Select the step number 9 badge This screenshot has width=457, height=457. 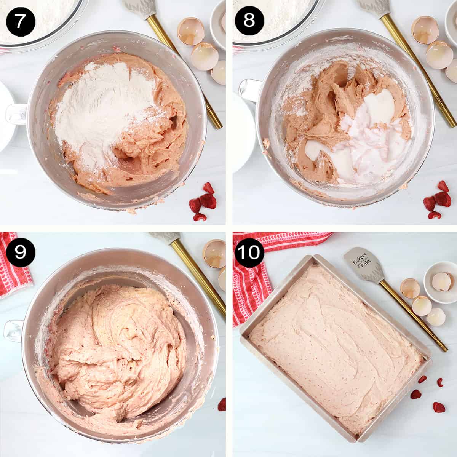coord(20,251)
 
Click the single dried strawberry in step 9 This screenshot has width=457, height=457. coord(222,404)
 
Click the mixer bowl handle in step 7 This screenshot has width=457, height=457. coord(15,114)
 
